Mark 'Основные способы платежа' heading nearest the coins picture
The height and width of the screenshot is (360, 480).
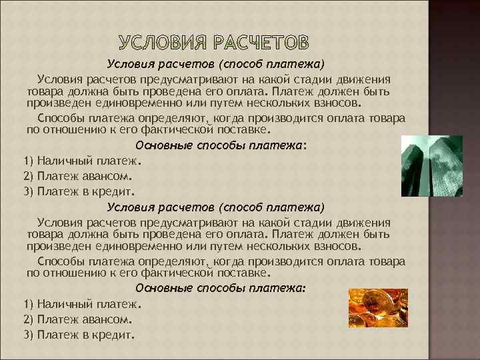coord(221,288)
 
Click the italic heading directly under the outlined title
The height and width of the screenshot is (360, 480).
coord(217,65)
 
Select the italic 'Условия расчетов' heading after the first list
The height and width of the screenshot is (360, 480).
coord(217,207)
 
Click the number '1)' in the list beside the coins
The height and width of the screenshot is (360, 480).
coord(29,303)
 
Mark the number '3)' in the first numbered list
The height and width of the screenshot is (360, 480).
coord(29,191)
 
